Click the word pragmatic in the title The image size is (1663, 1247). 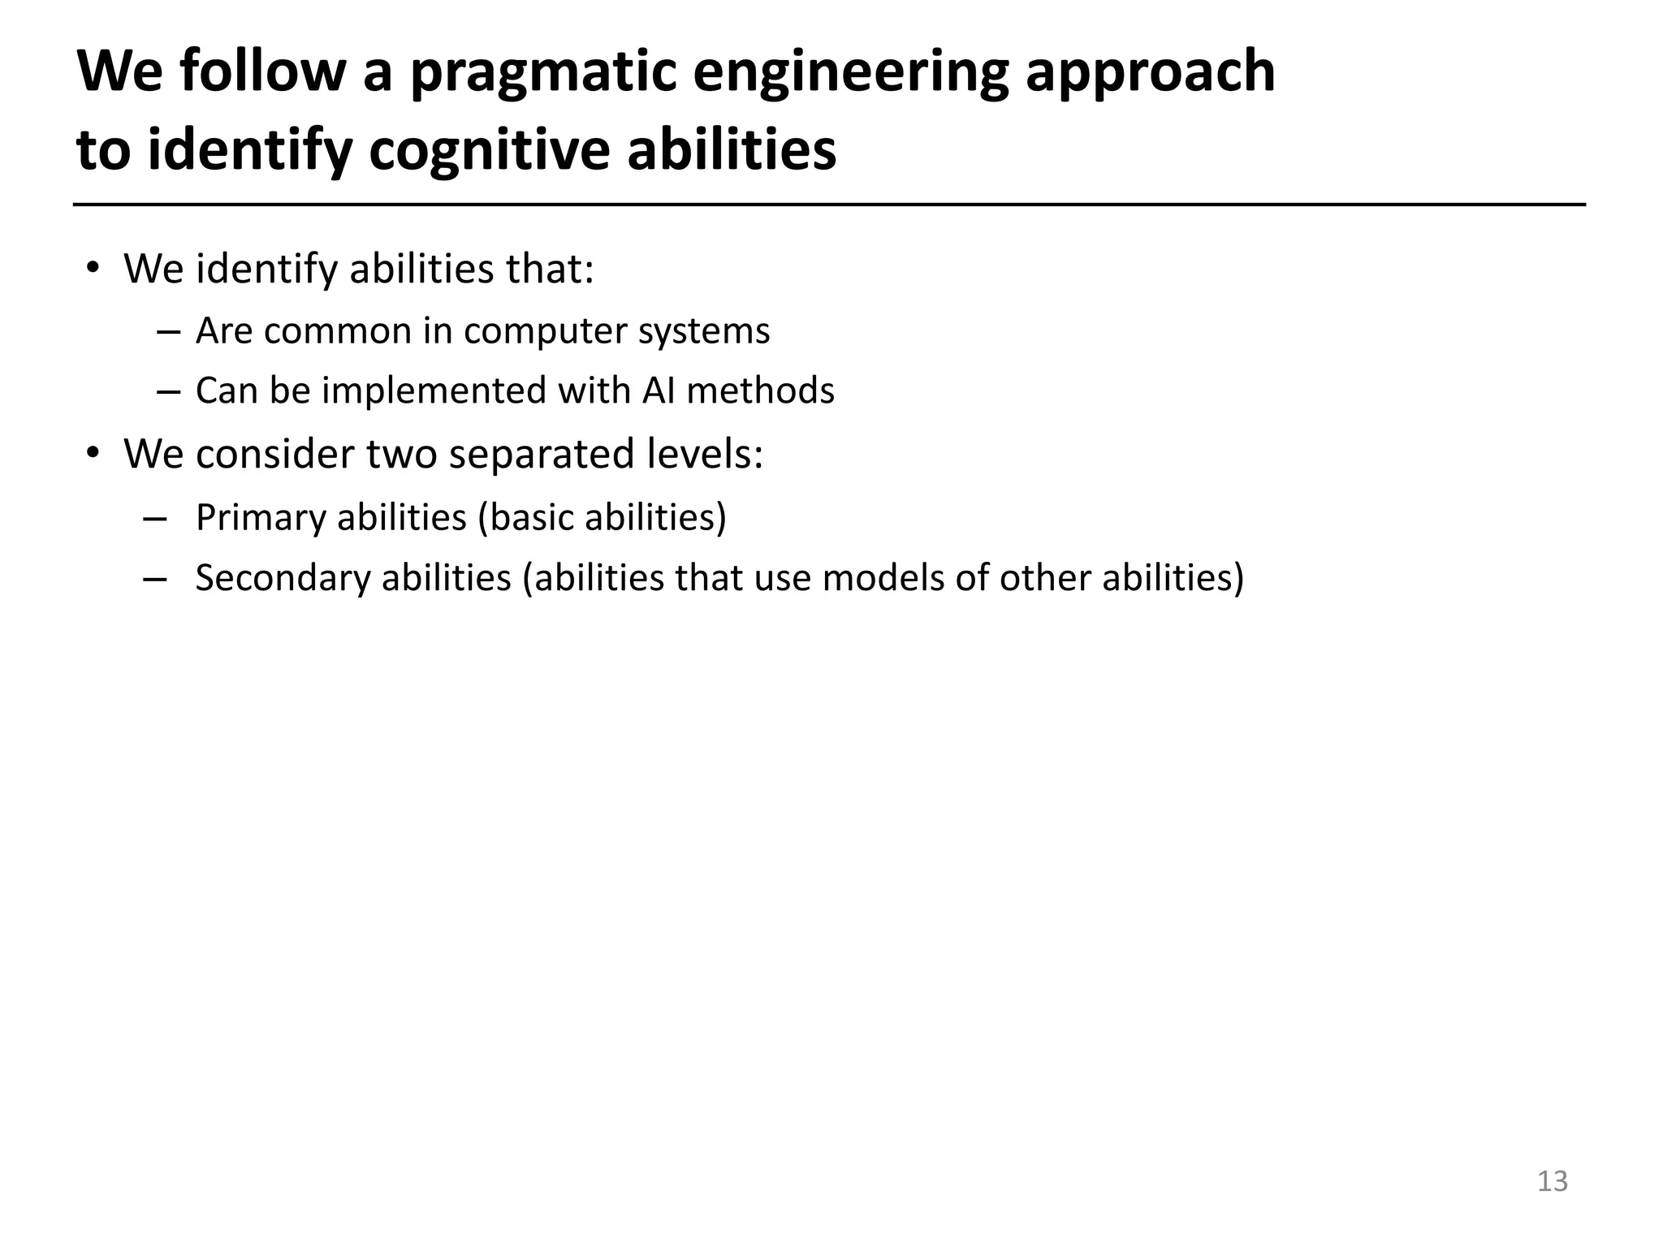coord(542,73)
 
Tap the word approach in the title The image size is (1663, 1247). coord(1151,73)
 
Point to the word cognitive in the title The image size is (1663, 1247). coord(488,151)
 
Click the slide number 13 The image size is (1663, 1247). coord(1552,1181)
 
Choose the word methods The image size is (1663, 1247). coord(760,391)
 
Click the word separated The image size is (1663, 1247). coord(541,454)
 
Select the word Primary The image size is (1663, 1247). coord(261,518)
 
